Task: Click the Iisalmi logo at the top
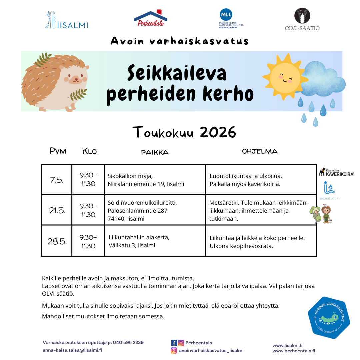pyautogui.click(x=67, y=20)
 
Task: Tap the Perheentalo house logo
pyautogui.click(x=150, y=18)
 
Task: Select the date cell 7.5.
pyautogui.click(x=57, y=180)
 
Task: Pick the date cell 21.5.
pyautogui.click(x=57, y=210)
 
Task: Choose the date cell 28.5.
pyautogui.click(x=57, y=241)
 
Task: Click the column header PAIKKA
pyautogui.click(x=155, y=152)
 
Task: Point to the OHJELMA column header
pyautogui.click(x=260, y=151)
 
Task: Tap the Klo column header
pyautogui.click(x=89, y=151)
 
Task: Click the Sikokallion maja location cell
pyautogui.click(x=155, y=180)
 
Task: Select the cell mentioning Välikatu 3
pyautogui.click(x=155, y=241)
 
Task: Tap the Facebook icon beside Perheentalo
pyautogui.click(x=174, y=343)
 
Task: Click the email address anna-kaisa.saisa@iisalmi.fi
pyautogui.click(x=72, y=350)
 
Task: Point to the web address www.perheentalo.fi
pyautogui.click(x=294, y=351)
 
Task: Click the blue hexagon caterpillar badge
pyautogui.click(x=329, y=317)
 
